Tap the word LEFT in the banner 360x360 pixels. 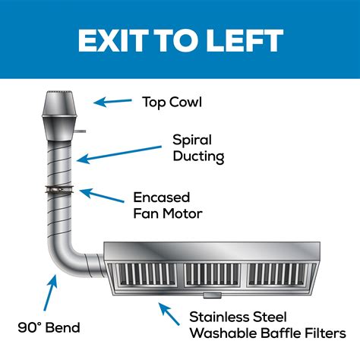pyautogui.click(x=245, y=40)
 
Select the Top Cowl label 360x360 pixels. pyautogui.click(x=172, y=102)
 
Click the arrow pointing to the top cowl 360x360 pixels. pyautogui.click(x=112, y=102)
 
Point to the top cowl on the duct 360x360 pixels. pyautogui.click(x=59, y=115)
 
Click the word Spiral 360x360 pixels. pyautogui.click(x=192, y=140)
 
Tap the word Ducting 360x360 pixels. pyautogui.click(x=198, y=156)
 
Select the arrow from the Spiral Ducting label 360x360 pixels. pyautogui.click(x=119, y=154)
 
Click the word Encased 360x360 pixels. pyautogui.click(x=162, y=197)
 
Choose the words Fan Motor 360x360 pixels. pyautogui.click(x=168, y=213)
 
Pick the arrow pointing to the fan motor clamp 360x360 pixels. pyautogui.click(x=102, y=195)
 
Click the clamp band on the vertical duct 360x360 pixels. pyautogui.click(x=59, y=189)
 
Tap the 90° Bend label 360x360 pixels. pyautogui.click(x=49, y=327)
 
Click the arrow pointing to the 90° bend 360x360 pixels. pyautogui.click(x=50, y=292)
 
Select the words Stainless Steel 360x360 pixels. pyautogui.click(x=238, y=317)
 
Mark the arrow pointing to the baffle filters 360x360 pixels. pyautogui.click(x=169, y=314)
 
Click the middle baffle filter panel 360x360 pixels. pyautogui.click(x=212, y=276)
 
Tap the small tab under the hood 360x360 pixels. pyautogui.click(x=213, y=295)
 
